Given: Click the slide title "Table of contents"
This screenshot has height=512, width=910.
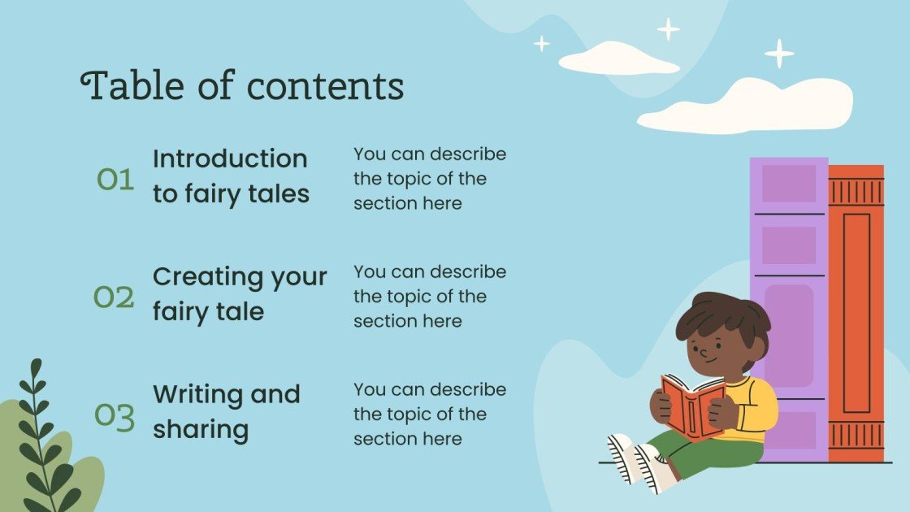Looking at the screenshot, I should click(242, 85).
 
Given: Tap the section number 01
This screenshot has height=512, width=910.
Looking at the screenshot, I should click(115, 179).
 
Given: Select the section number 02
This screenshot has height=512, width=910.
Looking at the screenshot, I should click(114, 298).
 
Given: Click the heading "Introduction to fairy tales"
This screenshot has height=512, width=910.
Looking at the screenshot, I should click(231, 176).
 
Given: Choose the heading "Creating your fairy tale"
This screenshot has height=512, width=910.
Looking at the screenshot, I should click(240, 293).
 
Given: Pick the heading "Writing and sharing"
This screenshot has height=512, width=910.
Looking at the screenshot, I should click(227, 411).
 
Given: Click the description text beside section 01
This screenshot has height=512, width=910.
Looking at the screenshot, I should click(430, 179).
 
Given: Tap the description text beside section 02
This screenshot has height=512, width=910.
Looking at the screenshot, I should click(430, 297).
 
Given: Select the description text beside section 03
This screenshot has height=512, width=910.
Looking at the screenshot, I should click(430, 414).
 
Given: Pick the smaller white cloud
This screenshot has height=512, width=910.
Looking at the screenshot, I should click(618, 60).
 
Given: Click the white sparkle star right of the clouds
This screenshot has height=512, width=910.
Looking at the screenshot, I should click(778, 54).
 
